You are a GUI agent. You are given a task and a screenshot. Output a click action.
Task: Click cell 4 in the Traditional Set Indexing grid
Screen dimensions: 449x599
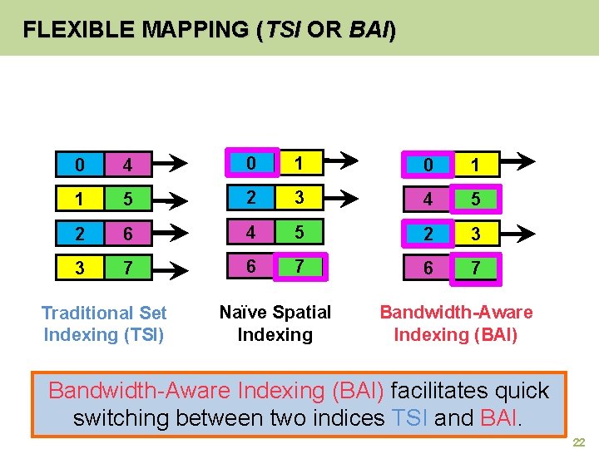pyautogui.click(x=128, y=165)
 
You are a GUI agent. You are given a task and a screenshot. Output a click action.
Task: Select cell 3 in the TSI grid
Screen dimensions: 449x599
pyautogui.click(x=80, y=269)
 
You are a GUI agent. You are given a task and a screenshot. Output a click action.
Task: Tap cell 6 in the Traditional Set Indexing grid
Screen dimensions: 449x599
pyautogui.click(x=128, y=234)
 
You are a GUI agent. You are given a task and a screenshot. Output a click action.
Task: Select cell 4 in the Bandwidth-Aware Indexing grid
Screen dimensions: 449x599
pyautogui.click(x=428, y=200)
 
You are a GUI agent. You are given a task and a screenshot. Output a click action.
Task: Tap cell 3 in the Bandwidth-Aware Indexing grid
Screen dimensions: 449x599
pyautogui.click(x=476, y=235)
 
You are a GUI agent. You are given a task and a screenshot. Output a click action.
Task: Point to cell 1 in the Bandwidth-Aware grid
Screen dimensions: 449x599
pyautogui.click(x=476, y=165)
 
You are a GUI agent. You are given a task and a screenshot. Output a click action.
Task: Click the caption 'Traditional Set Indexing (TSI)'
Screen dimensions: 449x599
pyautogui.click(x=105, y=323)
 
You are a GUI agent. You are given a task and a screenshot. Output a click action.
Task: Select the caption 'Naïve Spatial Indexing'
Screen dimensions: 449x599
pyautogui.click(x=275, y=323)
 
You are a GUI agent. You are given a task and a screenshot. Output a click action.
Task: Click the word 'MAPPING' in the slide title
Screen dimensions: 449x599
pyautogui.click(x=195, y=31)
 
